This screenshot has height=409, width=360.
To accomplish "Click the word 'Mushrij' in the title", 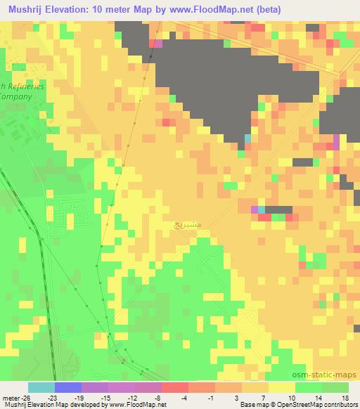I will click(25, 8).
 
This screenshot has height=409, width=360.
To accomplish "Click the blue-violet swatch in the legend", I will click(68, 387).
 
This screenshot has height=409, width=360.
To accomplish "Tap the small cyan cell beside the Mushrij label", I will click(261, 209).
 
